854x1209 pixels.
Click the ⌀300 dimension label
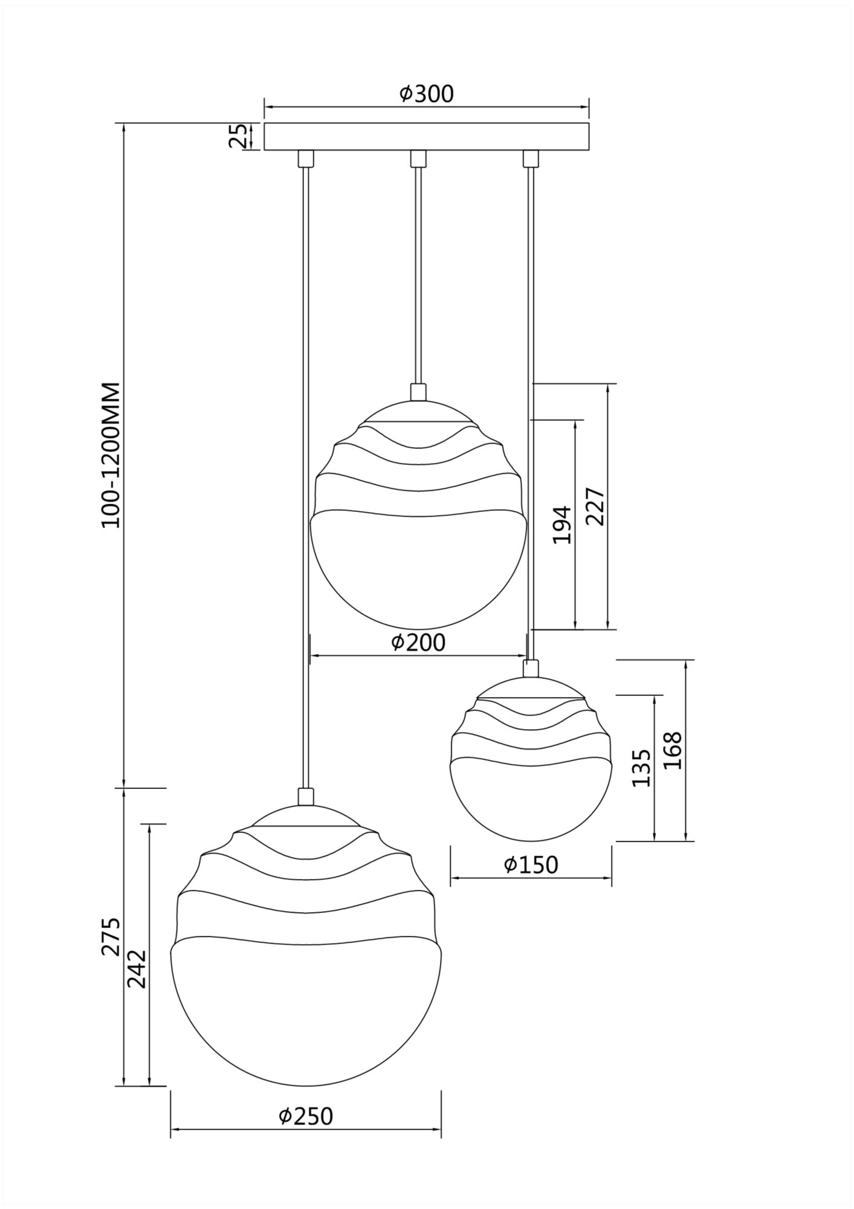pyautogui.click(x=426, y=94)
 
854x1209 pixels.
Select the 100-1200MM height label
pyautogui.click(x=112, y=455)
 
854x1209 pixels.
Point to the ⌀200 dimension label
pyautogui.click(x=418, y=642)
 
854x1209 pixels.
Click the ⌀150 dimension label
pyautogui.click(x=531, y=865)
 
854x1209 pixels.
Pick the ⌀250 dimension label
pyautogui.click(x=306, y=1116)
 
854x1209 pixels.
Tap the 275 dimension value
pyautogui.click(x=111, y=937)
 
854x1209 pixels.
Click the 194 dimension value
pyautogui.click(x=563, y=525)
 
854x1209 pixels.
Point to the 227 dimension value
pyautogui.click(x=595, y=507)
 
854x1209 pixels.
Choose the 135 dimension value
pyautogui.click(x=641, y=768)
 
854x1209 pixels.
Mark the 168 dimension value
pyautogui.click(x=673, y=750)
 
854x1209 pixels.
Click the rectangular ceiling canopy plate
pyautogui.click(x=426, y=137)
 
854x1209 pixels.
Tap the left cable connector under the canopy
pyautogui.click(x=306, y=158)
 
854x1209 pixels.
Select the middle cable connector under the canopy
pyautogui.click(x=418, y=158)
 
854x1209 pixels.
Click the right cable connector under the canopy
pyautogui.click(x=530, y=158)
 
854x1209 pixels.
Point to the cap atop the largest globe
pyautogui.click(x=306, y=796)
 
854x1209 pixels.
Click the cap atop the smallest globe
pyautogui.click(x=531, y=668)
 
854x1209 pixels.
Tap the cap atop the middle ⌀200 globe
pyautogui.click(x=418, y=392)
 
